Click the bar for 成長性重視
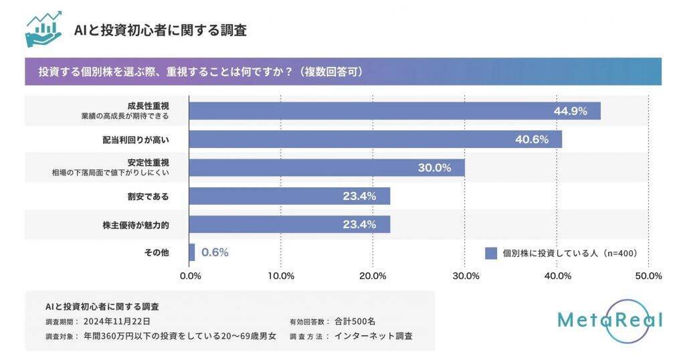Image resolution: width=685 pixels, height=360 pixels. click(x=395, y=110)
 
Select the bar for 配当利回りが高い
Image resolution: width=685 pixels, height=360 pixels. click(x=375, y=139)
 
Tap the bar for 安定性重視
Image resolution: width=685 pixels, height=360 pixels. click(x=326, y=167)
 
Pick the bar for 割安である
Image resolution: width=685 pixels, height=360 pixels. click(x=289, y=196)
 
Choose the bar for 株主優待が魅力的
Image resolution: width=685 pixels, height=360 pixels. click(x=289, y=224)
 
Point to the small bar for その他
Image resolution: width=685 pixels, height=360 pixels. click(x=192, y=252)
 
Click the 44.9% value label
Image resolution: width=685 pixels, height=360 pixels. click(x=570, y=111)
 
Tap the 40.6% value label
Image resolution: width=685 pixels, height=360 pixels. click(x=532, y=139)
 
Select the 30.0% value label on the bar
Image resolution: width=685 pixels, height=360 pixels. click(x=434, y=168)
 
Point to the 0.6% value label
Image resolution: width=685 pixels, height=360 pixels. click(x=215, y=252)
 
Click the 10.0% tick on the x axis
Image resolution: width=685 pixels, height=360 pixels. click(x=281, y=276)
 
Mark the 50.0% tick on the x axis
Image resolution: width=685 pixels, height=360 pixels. click(x=648, y=276)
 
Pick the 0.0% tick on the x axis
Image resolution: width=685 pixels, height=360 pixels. click(x=191, y=276)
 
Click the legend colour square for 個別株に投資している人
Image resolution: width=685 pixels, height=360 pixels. click(x=490, y=253)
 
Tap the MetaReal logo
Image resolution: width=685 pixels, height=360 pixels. click(x=609, y=321)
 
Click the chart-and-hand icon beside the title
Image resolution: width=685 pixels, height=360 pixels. click(x=43, y=29)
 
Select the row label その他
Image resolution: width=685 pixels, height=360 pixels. click(x=156, y=253)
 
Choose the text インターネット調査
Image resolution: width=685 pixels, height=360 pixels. click(x=373, y=336)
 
